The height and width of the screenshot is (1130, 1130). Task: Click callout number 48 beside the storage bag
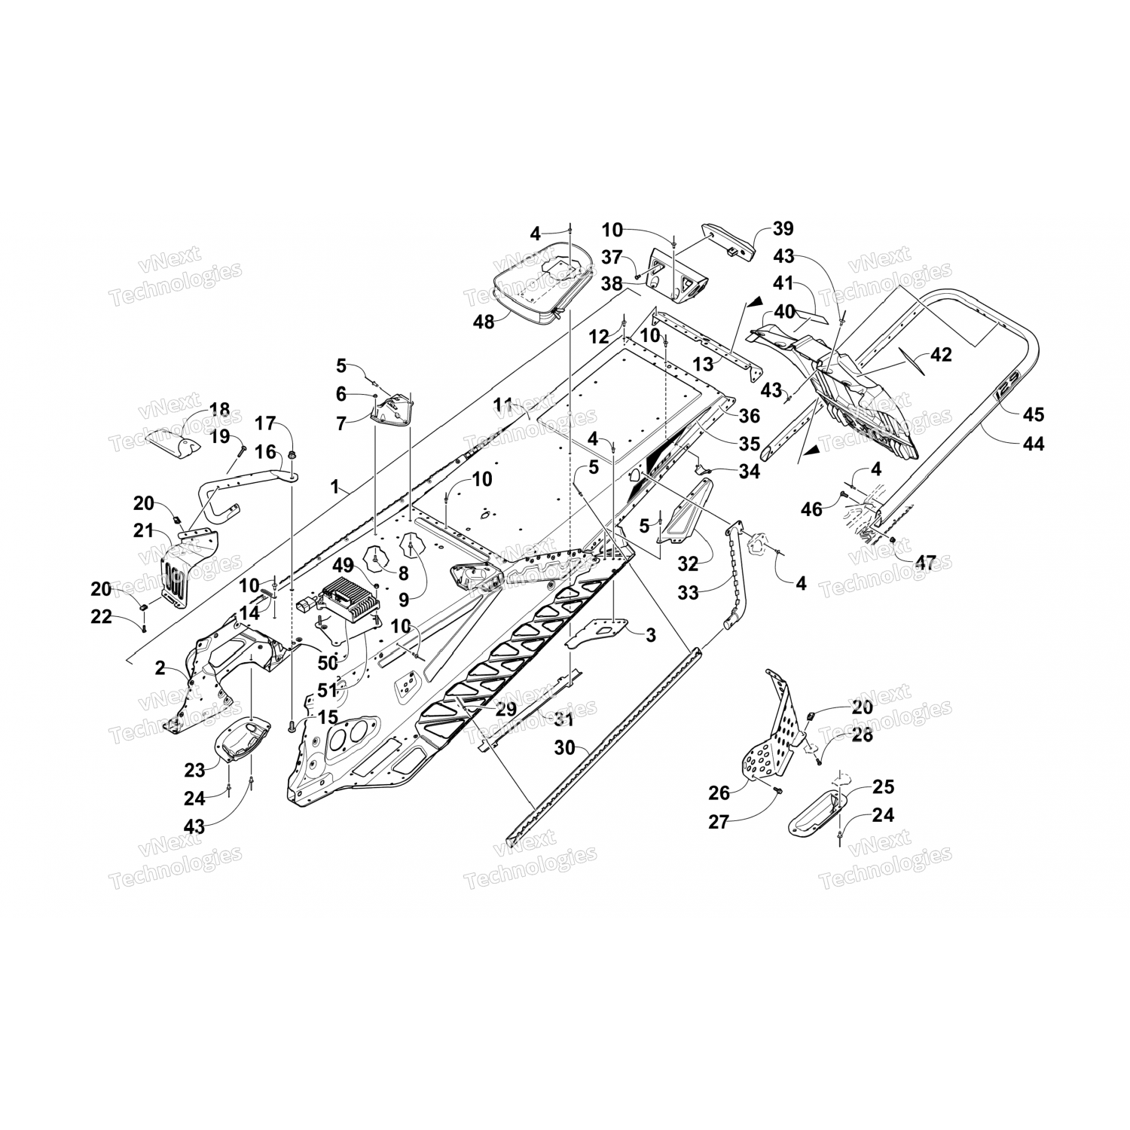pos(484,321)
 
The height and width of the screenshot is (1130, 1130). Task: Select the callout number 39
pos(783,229)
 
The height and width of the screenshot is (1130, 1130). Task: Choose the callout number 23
pos(195,770)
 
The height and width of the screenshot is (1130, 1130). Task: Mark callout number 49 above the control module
pos(343,564)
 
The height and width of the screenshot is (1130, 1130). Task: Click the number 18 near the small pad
pos(219,410)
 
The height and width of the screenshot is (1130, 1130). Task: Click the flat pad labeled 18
pos(173,441)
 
